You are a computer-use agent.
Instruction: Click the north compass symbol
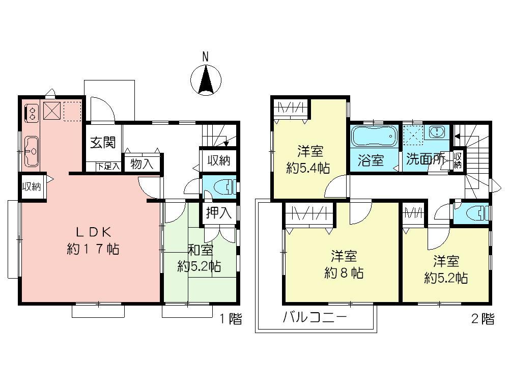pos(206,79)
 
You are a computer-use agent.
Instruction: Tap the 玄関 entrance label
pos(103,143)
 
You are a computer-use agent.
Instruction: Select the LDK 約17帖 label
pos(93,240)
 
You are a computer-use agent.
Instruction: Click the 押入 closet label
pos(219,213)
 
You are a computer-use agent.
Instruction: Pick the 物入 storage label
pos(142,164)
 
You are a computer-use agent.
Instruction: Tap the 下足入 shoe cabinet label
pos(108,166)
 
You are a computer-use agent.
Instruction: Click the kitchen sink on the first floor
pos(31,151)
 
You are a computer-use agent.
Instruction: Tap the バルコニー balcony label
pos(315,318)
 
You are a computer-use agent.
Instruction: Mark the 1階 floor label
pos(230,319)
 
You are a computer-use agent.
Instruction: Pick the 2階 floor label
pos(482,319)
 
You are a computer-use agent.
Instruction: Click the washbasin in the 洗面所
pos(437,132)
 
